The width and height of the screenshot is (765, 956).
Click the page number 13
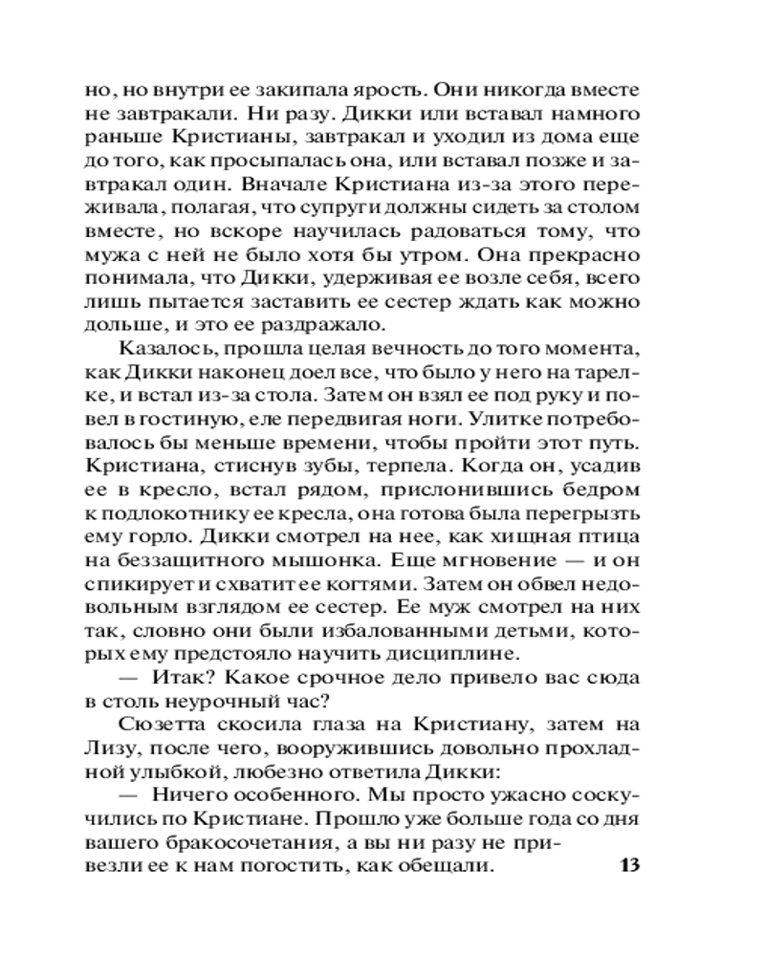tap(628, 867)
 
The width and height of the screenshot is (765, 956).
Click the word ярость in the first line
tap(385, 92)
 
